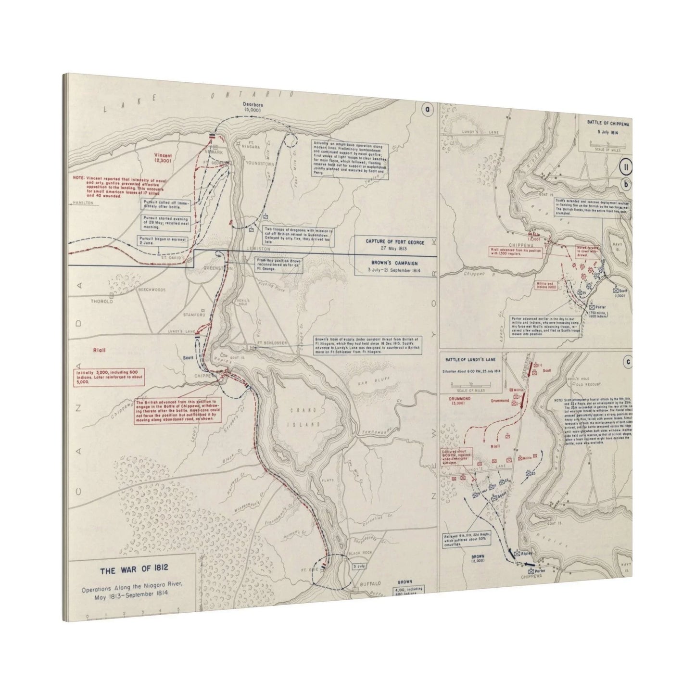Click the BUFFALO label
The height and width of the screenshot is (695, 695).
pyautogui.click(x=370, y=583)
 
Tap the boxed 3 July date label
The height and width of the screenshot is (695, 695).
pyautogui.click(x=359, y=567)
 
